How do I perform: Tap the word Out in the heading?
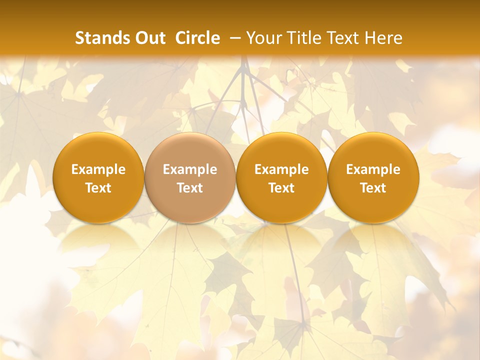tap(149, 38)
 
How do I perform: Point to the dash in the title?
tap(235, 38)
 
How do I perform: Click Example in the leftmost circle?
tap(98, 169)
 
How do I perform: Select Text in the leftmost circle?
tap(98, 188)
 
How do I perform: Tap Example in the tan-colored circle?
tap(190, 169)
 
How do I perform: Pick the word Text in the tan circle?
tap(190, 188)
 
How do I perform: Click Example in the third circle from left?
tap(281, 169)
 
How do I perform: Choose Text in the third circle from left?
tap(281, 188)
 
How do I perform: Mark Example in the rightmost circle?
tap(373, 169)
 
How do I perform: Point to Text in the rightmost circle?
tap(373, 188)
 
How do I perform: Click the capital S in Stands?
tap(79, 38)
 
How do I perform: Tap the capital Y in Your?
tap(251, 38)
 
